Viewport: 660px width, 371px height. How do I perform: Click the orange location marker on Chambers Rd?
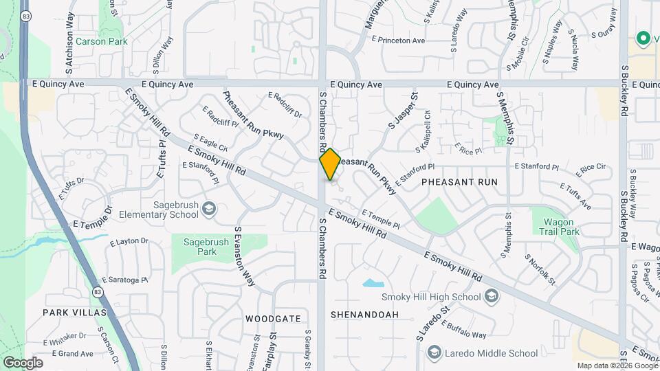point(330,164)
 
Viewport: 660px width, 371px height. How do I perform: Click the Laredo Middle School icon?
point(433,353)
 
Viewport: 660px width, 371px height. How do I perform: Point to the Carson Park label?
point(102,41)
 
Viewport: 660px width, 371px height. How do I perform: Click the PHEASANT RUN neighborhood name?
point(459,182)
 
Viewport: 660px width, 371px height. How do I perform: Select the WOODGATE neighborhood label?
point(274,319)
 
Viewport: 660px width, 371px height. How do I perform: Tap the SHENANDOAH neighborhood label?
point(364,315)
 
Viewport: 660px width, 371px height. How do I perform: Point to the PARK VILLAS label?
point(74,313)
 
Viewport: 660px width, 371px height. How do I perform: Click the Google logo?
point(23,363)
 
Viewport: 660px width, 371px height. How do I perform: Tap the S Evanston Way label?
point(244,257)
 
